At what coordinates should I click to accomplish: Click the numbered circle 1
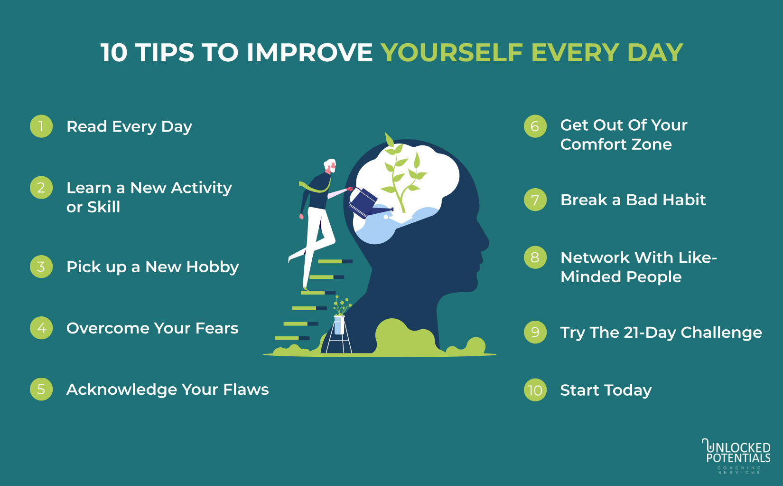tap(41, 126)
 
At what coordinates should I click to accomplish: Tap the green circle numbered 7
tap(535, 200)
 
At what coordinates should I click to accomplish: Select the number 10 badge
tap(535, 390)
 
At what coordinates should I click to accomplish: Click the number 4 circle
tap(41, 328)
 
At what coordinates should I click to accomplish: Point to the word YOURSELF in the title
tap(452, 53)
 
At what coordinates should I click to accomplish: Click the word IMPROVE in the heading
tap(310, 53)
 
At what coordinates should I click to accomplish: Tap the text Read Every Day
tap(130, 127)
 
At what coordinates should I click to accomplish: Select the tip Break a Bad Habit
tap(633, 200)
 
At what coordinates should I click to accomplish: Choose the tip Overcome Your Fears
tap(152, 329)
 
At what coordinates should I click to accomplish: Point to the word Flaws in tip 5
tap(246, 390)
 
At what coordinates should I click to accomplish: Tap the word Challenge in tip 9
tap(721, 333)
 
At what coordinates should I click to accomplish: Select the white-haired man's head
tap(330, 165)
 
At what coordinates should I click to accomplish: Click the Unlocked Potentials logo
tap(736, 456)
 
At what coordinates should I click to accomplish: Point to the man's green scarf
tap(314, 187)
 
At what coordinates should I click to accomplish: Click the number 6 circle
tap(535, 126)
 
